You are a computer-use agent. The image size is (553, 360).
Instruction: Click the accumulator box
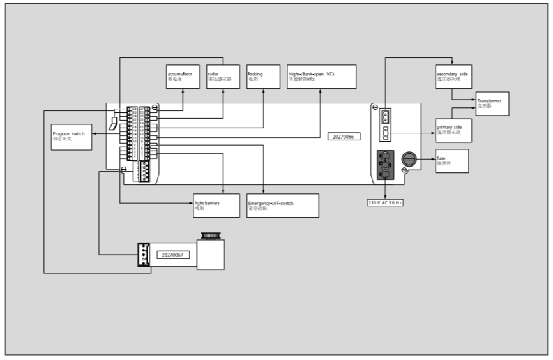183,77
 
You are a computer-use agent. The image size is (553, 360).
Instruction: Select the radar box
223,77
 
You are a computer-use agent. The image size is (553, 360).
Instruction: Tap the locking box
263,77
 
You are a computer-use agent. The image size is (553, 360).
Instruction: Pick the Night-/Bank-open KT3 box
321,77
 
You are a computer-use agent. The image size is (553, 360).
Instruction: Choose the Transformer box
492,103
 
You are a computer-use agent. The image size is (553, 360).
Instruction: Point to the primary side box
452,130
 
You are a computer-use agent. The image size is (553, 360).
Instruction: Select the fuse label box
451,160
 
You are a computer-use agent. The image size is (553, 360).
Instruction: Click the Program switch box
71,137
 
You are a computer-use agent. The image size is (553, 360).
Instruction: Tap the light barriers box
216,205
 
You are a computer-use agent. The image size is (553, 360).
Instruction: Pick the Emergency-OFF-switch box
282,205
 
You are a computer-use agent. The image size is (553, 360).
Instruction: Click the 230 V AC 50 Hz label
385,202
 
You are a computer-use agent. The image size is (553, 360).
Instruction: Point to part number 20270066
344,137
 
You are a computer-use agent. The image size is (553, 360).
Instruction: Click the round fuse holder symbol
408,159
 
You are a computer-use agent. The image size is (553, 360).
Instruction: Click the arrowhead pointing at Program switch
93,134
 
